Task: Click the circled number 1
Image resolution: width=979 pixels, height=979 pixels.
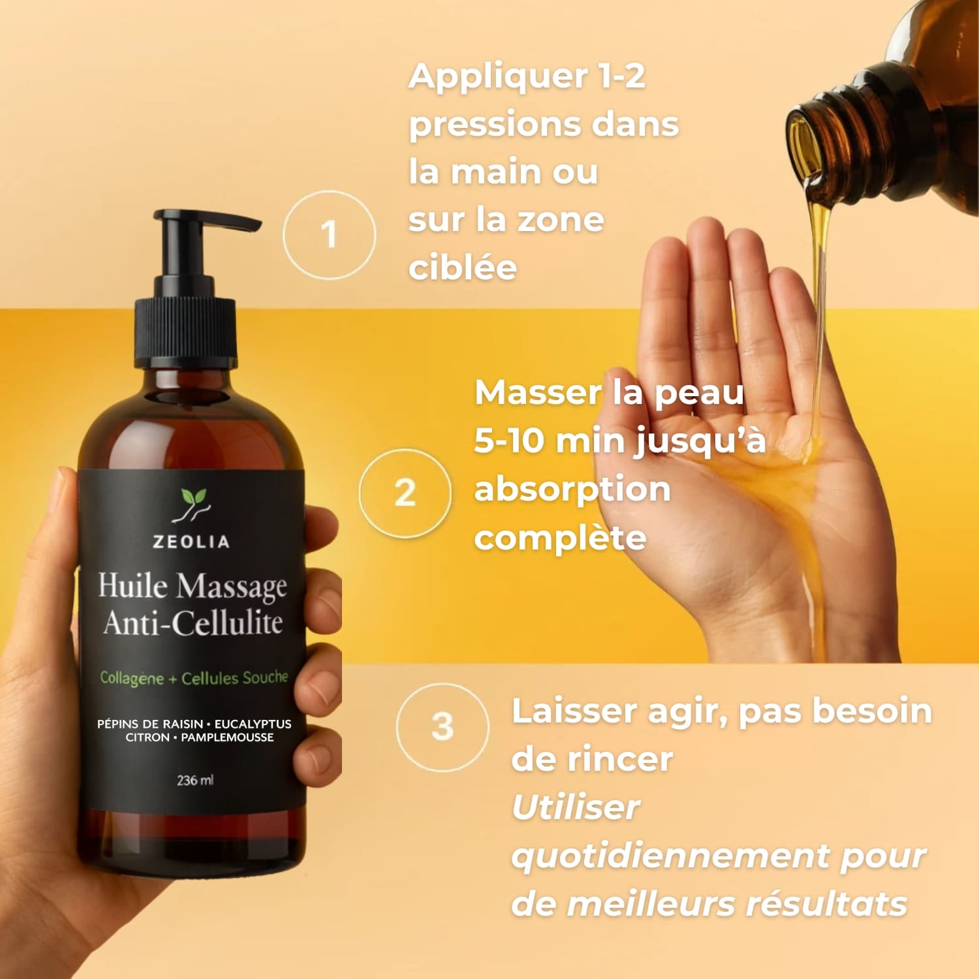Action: click(330, 235)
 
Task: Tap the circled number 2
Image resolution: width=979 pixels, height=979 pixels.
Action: click(405, 493)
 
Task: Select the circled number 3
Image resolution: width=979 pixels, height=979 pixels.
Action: click(443, 726)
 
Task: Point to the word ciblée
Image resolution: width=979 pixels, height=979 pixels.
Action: click(463, 268)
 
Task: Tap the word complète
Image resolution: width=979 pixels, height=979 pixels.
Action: click(560, 538)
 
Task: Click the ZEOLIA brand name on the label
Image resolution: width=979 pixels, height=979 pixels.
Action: click(191, 542)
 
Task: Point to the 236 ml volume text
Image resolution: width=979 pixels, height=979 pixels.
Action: click(194, 780)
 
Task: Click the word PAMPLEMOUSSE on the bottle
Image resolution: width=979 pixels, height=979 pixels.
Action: click(227, 738)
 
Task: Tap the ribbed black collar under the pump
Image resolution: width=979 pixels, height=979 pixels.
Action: click(185, 333)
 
